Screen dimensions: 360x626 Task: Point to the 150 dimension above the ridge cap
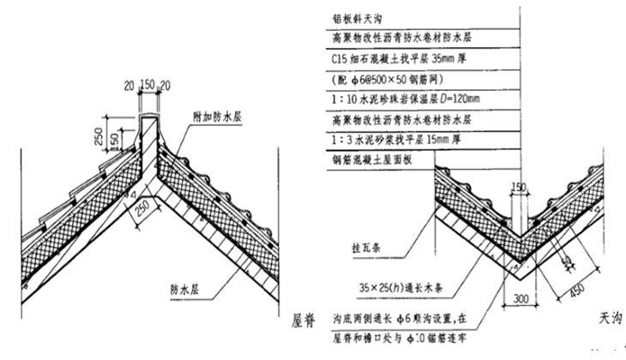pos(148,86)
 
